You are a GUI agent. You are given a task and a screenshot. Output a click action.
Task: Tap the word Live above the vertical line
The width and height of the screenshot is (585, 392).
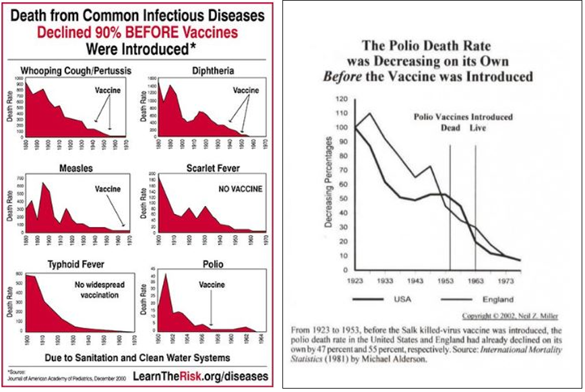[476, 128]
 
